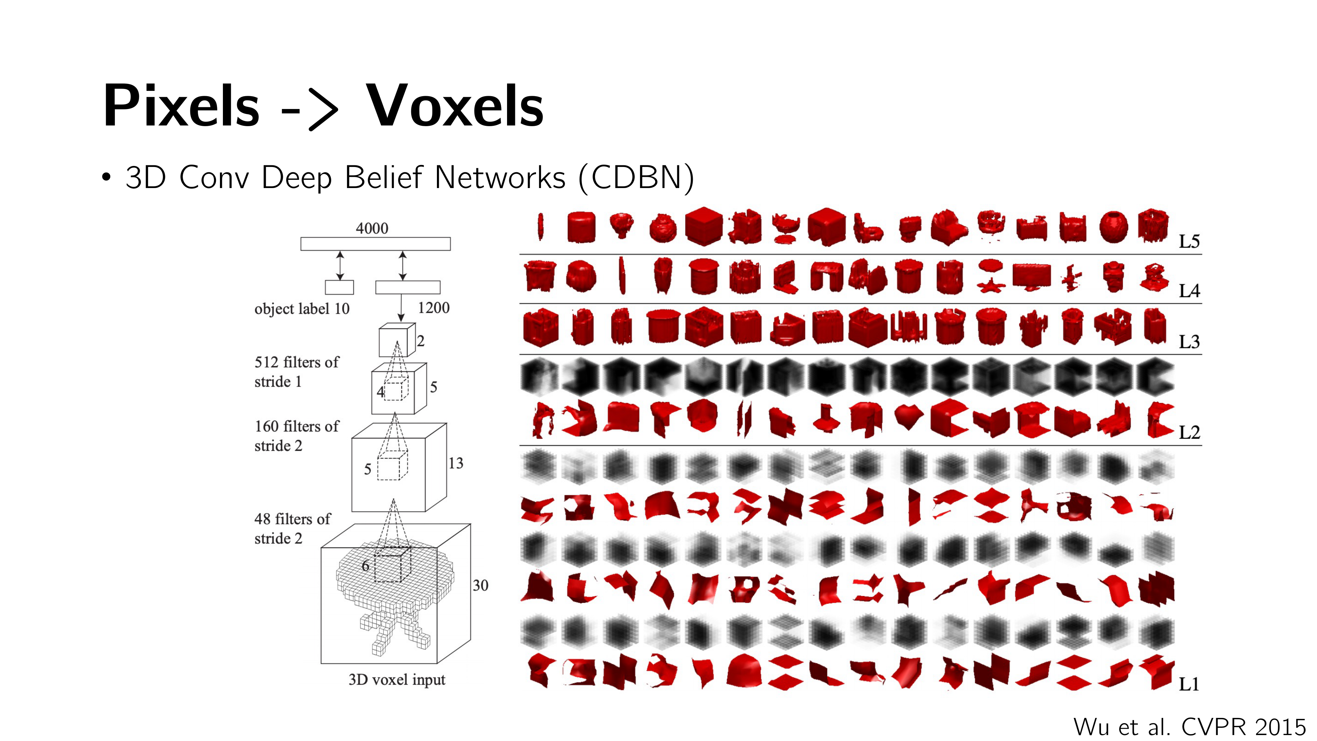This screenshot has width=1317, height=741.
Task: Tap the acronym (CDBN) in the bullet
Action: tap(636, 178)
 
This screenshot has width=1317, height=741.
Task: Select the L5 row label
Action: tap(1189, 241)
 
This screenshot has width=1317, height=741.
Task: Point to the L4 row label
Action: tap(1189, 291)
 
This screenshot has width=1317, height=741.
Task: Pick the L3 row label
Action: tap(1189, 342)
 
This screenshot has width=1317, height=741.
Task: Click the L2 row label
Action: tap(1189, 433)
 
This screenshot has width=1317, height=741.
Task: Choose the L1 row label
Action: tap(1189, 684)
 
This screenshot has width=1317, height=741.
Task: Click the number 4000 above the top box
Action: tap(372, 228)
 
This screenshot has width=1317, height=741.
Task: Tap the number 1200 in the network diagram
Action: tap(434, 308)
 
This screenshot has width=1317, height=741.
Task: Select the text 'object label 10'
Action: tap(302, 309)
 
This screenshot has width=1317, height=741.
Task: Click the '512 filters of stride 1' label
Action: tap(297, 372)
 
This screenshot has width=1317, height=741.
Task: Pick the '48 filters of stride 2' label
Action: tap(292, 528)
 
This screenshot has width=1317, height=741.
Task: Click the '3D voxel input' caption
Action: tap(397, 680)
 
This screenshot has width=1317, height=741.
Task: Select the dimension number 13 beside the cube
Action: tap(456, 463)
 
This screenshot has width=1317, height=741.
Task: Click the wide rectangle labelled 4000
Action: tap(375, 244)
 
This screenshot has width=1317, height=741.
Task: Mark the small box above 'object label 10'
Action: tap(339, 288)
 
